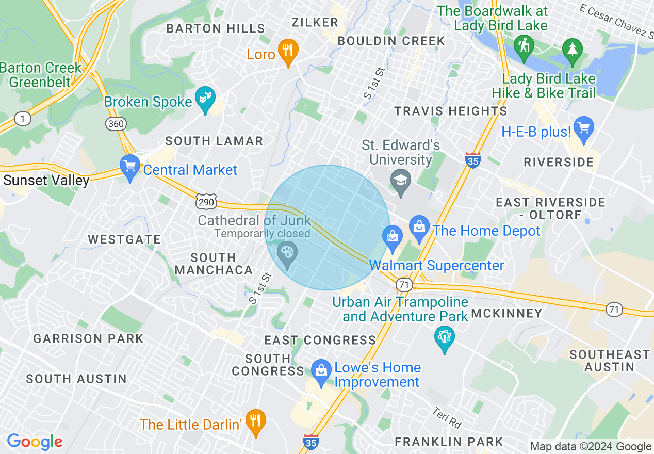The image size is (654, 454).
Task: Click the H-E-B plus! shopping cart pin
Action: [x=583, y=129]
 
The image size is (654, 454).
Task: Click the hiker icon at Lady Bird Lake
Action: [x=524, y=47]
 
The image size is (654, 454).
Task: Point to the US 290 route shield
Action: [x=206, y=202]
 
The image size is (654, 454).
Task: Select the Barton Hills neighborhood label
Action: [x=216, y=28]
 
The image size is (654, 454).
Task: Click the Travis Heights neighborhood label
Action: [x=450, y=111]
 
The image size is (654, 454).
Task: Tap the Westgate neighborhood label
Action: [x=124, y=239]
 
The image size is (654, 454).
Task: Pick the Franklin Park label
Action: [x=448, y=442]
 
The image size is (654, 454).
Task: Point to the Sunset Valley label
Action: [x=46, y=180]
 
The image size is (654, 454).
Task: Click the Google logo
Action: [x=35, y=442]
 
